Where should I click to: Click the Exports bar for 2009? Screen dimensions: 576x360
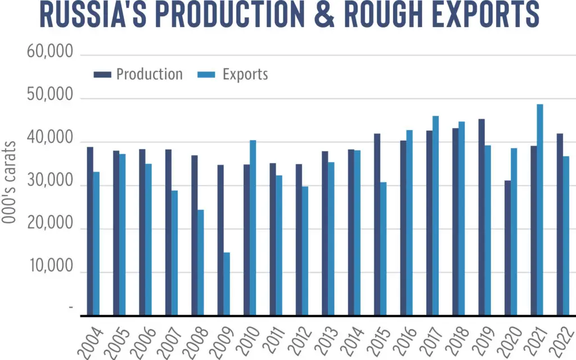pyautogui.click(x=227, y=283)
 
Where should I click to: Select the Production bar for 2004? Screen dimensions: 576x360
pyautogui.click(x=90, y=231)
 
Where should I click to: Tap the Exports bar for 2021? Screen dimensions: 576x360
pyautogui.click(x=539, y=210)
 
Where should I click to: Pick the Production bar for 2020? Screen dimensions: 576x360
pyautogui.click(x=507, y=247)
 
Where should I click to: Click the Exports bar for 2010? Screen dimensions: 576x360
pyautogui.click(x=253, y=228)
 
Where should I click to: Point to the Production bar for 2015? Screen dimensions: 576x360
pyautogui.click(x=377, y=224)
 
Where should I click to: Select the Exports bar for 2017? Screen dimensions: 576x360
pyautogui.click(x=435, y=215)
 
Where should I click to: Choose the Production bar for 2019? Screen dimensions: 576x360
pyautogui.click(x=481, y=217)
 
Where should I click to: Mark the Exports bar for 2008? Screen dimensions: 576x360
pyautogui.click(x=201, y=262)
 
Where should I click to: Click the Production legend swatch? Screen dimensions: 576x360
pyautogui.click(x=102, y=75)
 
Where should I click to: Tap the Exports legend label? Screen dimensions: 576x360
pyautogui.click(x=245, y=75)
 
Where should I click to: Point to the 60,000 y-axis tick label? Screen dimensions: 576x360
pyautogui.click(x=50, y=51)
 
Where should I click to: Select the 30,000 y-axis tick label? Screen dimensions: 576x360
pyautogui.click(x=50, y=181)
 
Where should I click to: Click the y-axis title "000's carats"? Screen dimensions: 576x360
pyautogui.click(x=9, y=182)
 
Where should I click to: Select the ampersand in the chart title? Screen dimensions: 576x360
pyautogui.click(x=324, y=14)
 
